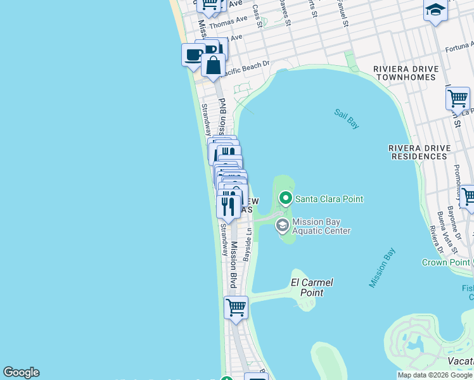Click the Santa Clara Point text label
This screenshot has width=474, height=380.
(329, 199)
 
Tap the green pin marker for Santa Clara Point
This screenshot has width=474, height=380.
(286, 199)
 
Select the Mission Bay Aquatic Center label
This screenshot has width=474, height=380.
(321, 227)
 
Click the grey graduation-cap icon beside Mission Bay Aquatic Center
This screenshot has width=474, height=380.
(282, 225)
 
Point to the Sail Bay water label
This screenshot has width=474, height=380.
(347, 118)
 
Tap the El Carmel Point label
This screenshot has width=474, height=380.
(312, 288)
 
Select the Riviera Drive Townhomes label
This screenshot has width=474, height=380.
(405, 73)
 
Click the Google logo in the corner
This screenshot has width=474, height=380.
(21, 372)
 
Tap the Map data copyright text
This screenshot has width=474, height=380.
(435, 375)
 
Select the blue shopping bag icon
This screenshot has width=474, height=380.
(214, 65)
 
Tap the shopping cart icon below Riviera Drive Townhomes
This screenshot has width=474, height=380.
(458, 98)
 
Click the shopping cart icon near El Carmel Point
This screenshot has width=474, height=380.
(236, 307)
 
